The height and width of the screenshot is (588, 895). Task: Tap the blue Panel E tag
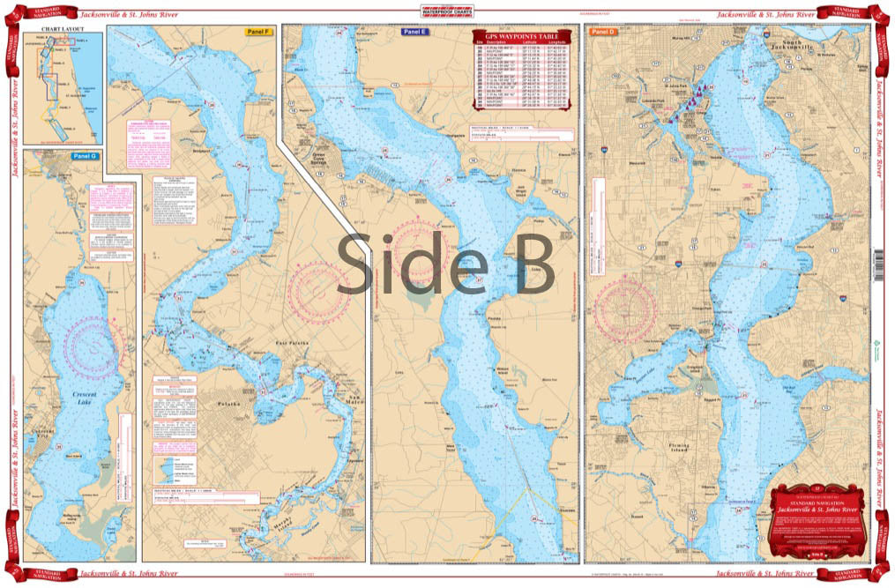pos(414,32)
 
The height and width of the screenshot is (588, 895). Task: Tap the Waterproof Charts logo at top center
pos(446,13)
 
